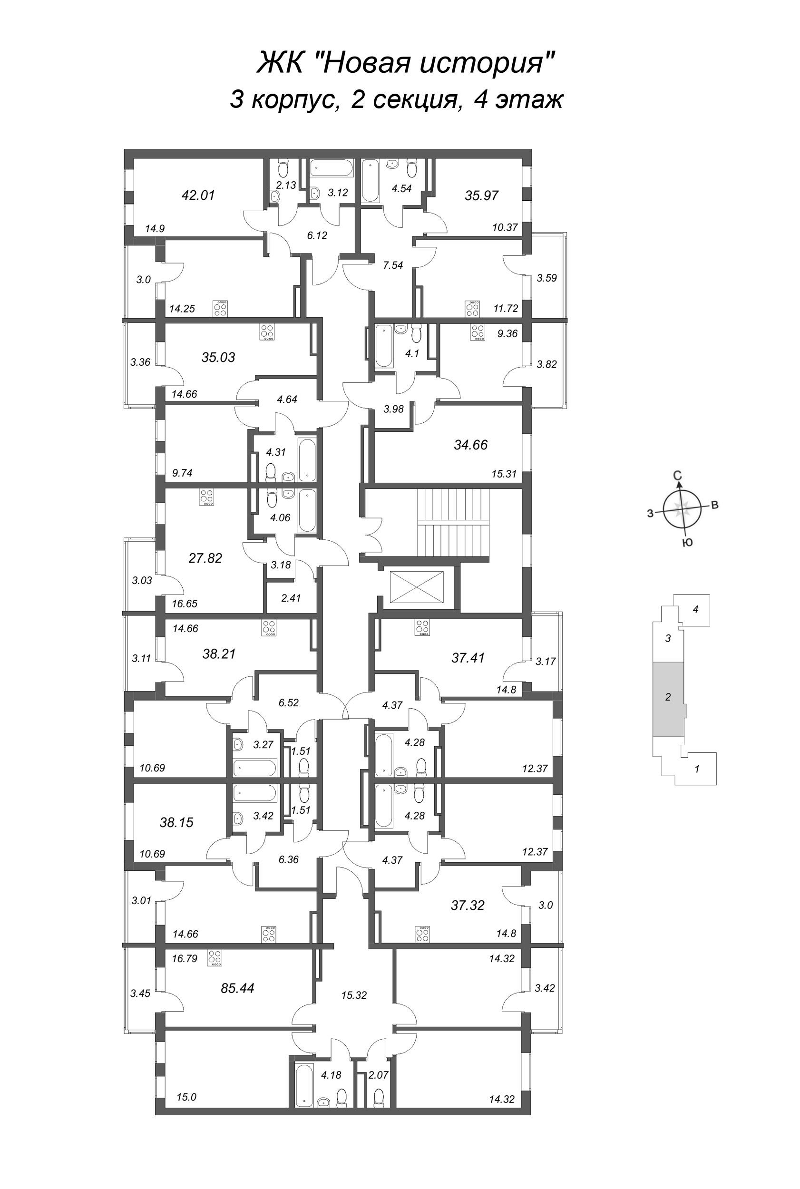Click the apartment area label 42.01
pos(198,195)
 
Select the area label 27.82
pos(205,558)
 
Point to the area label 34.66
pos(470,445)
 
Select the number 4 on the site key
pos(695,609)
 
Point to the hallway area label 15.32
pos(353,994)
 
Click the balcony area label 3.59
pos(546,278)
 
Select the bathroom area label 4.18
pos(331,1075)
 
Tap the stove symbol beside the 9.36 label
pos(478,332)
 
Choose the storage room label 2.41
pos(291,598)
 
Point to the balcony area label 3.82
pos(546,364)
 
